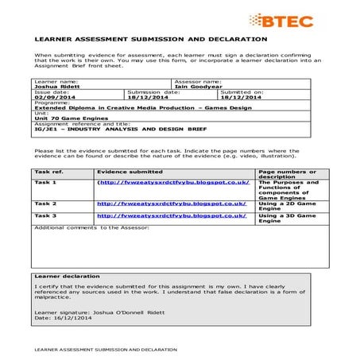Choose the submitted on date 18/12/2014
pos(240,97)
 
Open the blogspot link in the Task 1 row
pos(172,182)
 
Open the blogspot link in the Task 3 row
pos(172,215)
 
